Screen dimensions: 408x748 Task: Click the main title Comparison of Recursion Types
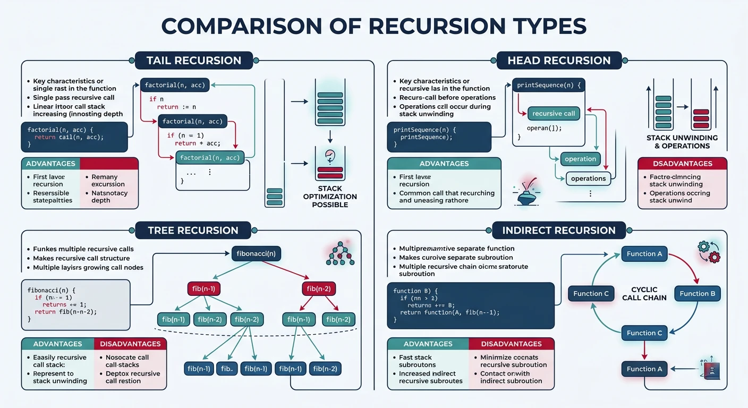pyautogui.click(x=373, y=26)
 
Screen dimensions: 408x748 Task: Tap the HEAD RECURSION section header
pyautogui.click(x=559, y=60)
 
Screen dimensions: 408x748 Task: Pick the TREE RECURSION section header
pyautogui.click(x=193, y=230)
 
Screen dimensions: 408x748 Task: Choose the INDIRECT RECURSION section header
pyautogui.click(x=559, y=230)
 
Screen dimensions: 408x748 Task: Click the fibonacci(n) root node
pyautogui.click(x=256, y=253)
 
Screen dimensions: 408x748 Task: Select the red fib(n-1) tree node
pyautogui.click(x=204, y=288)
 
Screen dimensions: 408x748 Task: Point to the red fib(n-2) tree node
pyautogui.click(x=319, y=288)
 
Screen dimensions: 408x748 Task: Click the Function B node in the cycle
pyautogui.click(x=697, y=293)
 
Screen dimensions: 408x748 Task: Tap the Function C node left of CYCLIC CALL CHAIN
pyautogui.click(x=591, y=293)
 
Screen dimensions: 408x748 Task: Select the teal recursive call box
pyautogui.click(x=554, y=113)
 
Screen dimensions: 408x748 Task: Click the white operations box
pyautogui.click(x=588, y=178)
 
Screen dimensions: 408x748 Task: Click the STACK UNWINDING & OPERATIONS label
pyautogui.click(x=682, y=141)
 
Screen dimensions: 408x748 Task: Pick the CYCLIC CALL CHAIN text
pyautogui.click(x=644, y=293)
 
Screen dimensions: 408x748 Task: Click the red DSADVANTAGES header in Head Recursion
pyautogui.click(x=682, y=164)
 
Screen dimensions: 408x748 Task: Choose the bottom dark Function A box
pyautogui.click(x=644, y=369)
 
